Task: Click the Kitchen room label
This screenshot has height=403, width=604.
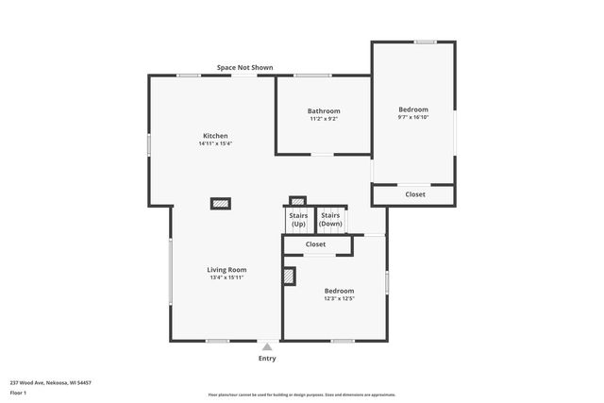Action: tap(214, 136)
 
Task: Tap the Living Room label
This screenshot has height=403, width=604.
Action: tap(226, 270)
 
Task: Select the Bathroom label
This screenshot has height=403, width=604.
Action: tap(324, 110)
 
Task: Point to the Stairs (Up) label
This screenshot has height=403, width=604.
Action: tap(298, 220)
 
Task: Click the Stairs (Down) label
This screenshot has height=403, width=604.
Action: tap(330, 220)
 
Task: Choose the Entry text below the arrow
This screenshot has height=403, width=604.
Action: tap(267, 359)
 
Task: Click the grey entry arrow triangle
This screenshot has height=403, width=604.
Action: tap(267, 347)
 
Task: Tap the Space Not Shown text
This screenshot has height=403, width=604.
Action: tap(245, 67)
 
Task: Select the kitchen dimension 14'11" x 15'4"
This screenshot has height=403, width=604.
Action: tap(214, 144)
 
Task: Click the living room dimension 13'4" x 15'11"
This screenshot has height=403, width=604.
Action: tap(226, 278)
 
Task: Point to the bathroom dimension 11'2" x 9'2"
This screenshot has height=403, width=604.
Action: tap(324, 119)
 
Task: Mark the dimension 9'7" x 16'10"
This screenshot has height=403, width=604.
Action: tap(413, 118)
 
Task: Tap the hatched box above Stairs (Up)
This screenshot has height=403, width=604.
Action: tap(297, 200)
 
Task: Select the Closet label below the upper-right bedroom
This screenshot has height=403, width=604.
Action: tap(415, 194)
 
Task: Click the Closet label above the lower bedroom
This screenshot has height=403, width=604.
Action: tap(317, 245)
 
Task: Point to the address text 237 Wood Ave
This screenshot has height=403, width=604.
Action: tap(50, 383)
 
